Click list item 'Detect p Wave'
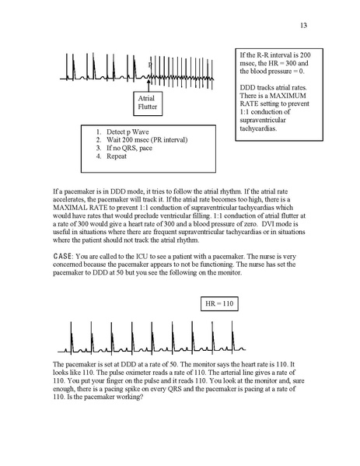tap(128, 132)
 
